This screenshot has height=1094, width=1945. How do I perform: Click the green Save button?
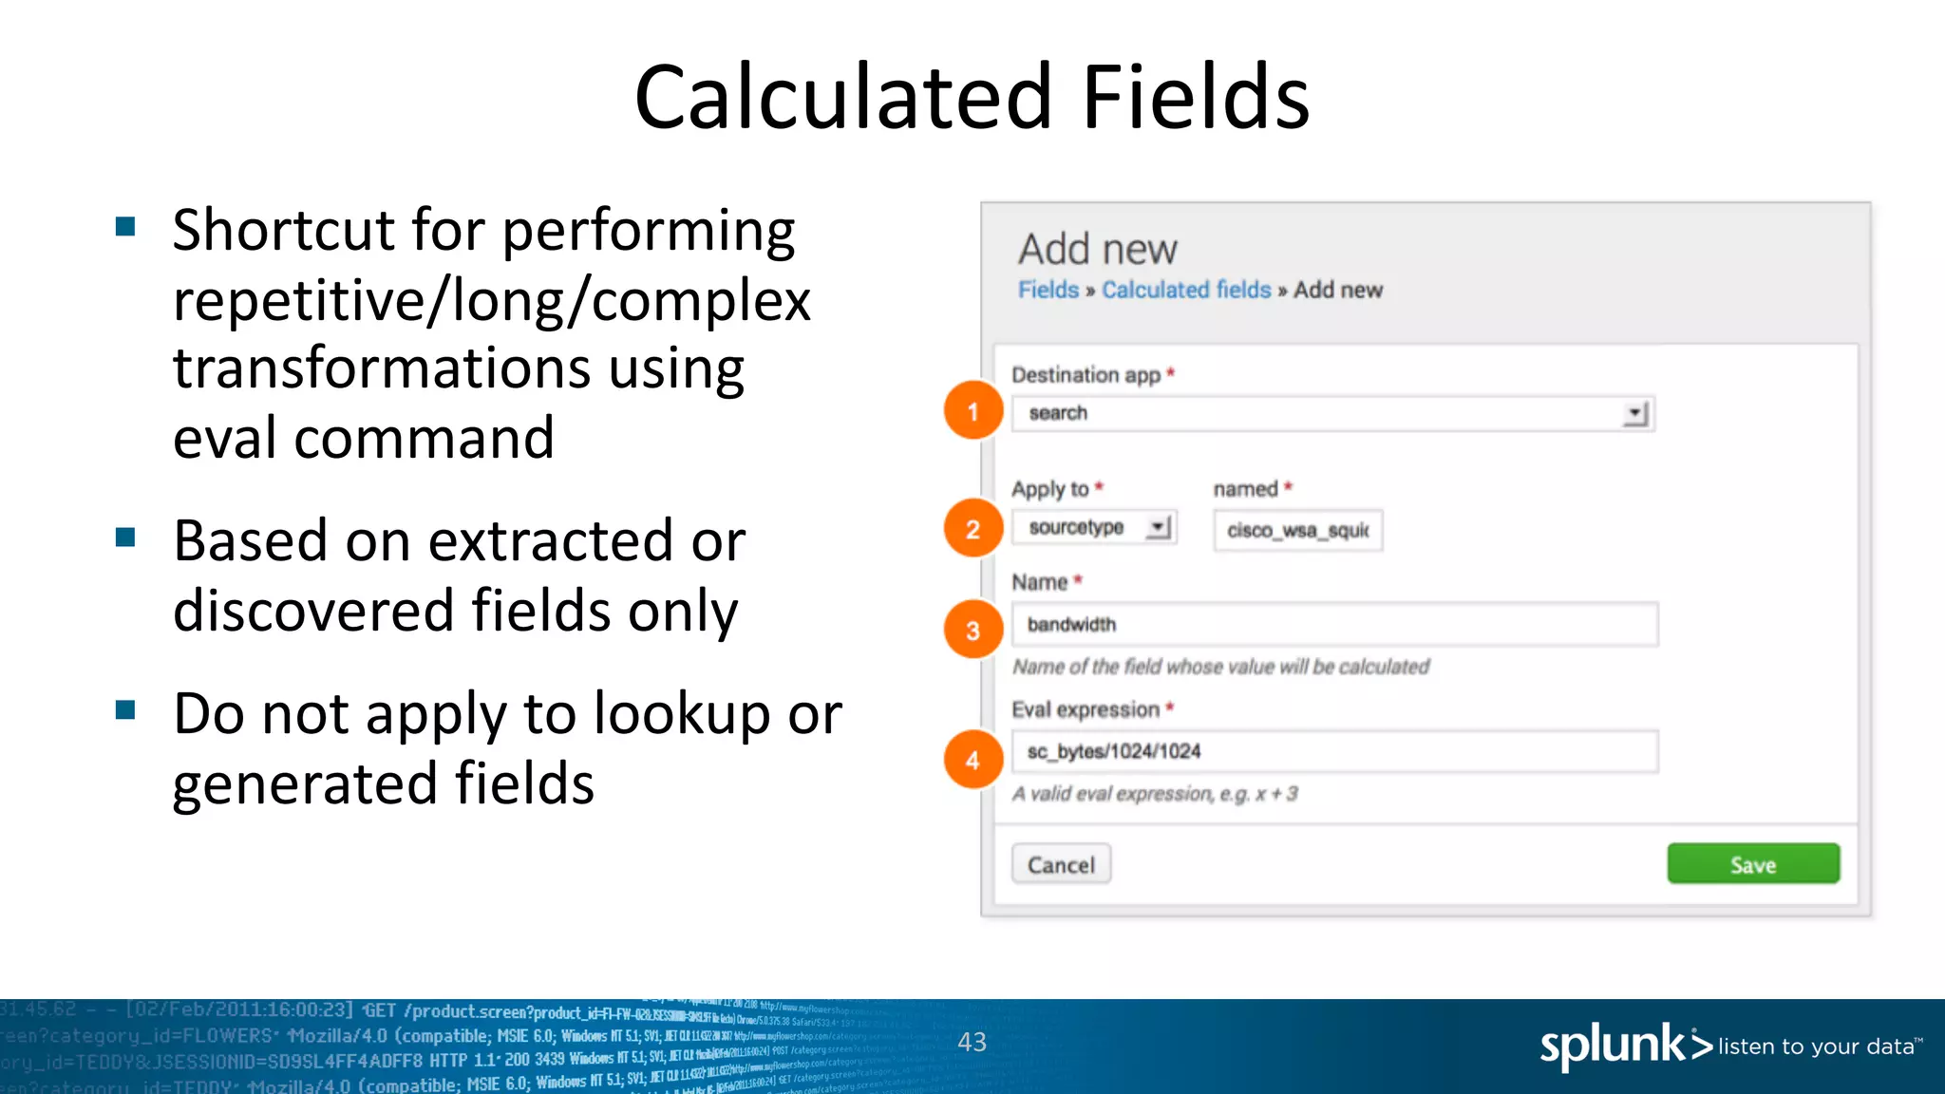coord(1753,864)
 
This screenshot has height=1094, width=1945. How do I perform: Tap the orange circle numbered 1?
coord(972,411)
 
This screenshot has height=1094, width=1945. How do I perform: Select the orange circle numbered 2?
coord(972,528)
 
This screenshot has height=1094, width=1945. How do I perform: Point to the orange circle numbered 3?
coord(972,630)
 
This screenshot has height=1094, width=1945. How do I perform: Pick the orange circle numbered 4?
coord(972,760)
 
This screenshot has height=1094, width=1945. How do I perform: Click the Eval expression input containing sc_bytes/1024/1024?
coord(1333,751)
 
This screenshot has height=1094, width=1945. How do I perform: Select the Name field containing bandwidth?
coord(1333,624)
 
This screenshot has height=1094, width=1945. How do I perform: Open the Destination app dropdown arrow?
coord(1634,414)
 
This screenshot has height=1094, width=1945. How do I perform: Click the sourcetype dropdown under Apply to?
coord(1094,527)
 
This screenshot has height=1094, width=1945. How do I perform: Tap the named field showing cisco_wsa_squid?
coord(1297,530)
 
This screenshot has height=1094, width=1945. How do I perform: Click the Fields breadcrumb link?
coord(1048,290)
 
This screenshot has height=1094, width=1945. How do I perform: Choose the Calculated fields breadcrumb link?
coord(1186,290)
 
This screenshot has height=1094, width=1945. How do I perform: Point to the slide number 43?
coord(972,1042)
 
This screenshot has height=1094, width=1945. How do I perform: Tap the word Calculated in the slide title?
coord(842,97)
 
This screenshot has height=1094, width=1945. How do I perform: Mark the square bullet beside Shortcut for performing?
coord(125,227)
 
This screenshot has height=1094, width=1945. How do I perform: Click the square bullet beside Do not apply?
coord(125,710)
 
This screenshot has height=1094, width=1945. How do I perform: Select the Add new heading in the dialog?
coord(1097,249)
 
